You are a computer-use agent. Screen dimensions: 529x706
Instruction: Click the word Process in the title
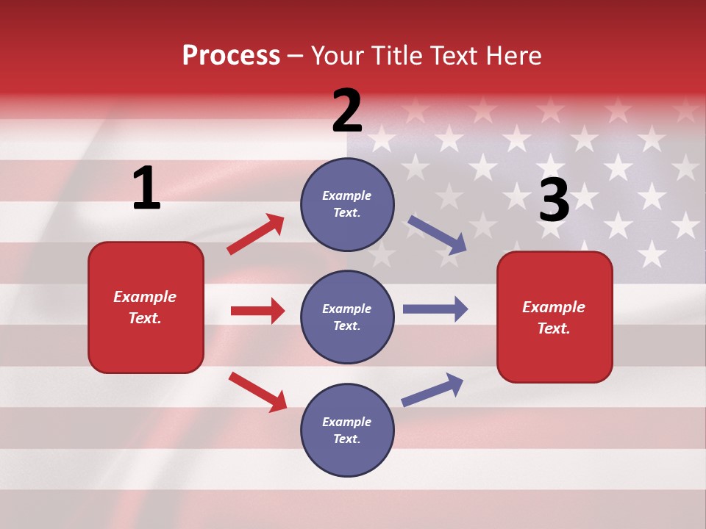pyautogui.click(x=231, y=55)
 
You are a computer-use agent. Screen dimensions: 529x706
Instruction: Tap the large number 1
pyautogui.click(x=146, y=188)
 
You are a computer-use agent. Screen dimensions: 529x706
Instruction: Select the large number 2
pyautogui.click(x=347, y=111)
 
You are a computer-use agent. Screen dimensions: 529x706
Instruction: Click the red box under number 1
pyautogui.click(x=146, y=307)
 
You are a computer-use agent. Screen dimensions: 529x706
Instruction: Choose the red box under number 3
pyautogui.click(x=555, y=317)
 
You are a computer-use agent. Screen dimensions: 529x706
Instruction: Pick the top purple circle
pyautogui.click(x=347, y=204)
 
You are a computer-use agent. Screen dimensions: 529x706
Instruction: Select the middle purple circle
pyautogui.click(x=347, y=317)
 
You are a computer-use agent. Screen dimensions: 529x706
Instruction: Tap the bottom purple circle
pyautogui.click(x=347, y=431)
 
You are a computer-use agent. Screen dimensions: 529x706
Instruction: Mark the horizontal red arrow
pyautogui.click(x=257, y=311)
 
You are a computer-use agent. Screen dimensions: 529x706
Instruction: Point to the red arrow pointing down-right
pyautogui.click(x=257, y=392)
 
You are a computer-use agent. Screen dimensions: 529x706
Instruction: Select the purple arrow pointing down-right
pyautogui.click(x=437, y=235)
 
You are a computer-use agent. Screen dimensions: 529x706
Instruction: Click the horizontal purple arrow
pyautogui.click(x=435, y=309)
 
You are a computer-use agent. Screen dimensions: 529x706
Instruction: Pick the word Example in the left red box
pyautogui.click(x=145, y=297)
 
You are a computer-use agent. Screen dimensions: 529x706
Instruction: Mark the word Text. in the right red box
pyautogui.click(x=554, y=328)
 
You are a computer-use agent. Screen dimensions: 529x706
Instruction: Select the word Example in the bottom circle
pyautogui.click(x=347, y=422)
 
